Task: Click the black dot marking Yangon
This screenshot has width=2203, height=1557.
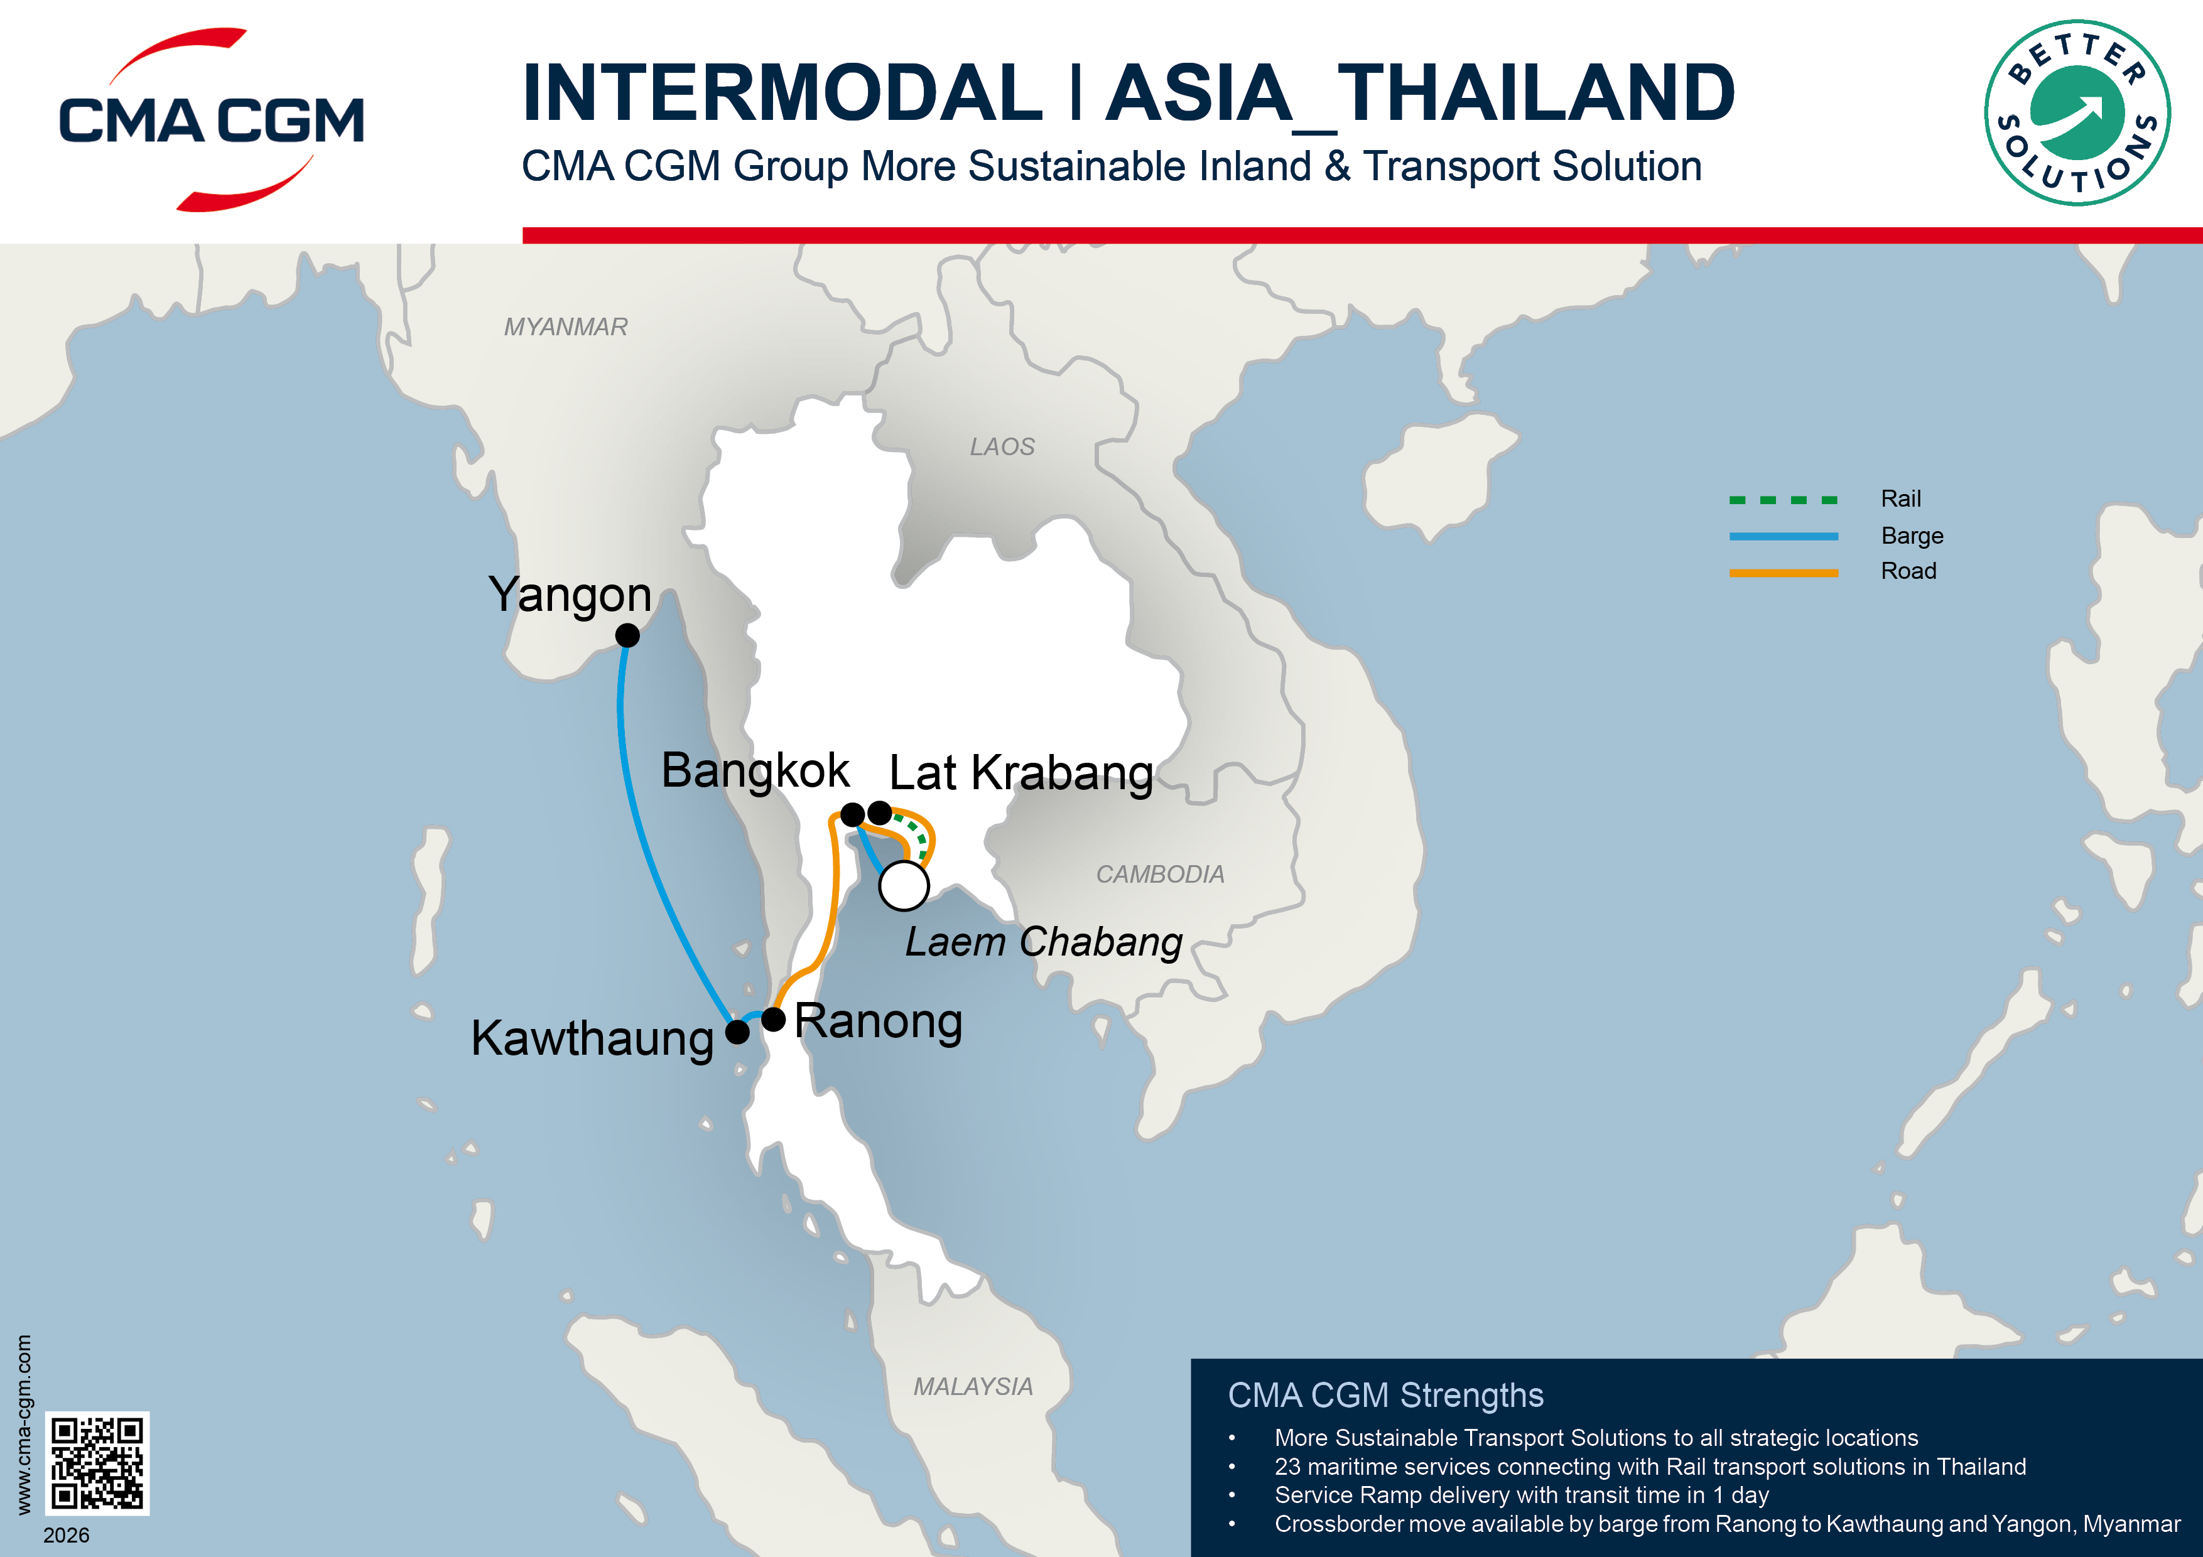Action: point(627,635)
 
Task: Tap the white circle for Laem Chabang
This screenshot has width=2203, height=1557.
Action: point(904,885)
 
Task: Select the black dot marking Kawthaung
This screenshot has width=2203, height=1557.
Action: point(737,1032)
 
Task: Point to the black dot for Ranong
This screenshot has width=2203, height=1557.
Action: point(773,1019)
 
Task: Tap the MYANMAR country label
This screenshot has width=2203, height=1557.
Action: point(565,327)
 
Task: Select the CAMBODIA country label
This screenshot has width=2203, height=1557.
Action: point(1160,874)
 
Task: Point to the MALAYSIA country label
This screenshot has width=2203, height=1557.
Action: point(973,1386)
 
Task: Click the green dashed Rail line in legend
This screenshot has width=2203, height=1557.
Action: point(1783,500)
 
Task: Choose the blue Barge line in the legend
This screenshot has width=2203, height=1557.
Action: point(1783,536)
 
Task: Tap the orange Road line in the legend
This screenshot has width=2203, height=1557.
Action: point(1783,573)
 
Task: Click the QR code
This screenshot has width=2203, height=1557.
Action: point(97,1463)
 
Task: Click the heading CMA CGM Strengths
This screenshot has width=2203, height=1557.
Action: point(1385,1396)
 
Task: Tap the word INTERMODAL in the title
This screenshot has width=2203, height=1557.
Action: point(782,93)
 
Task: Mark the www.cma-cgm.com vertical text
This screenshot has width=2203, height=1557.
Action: point(23,1424)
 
